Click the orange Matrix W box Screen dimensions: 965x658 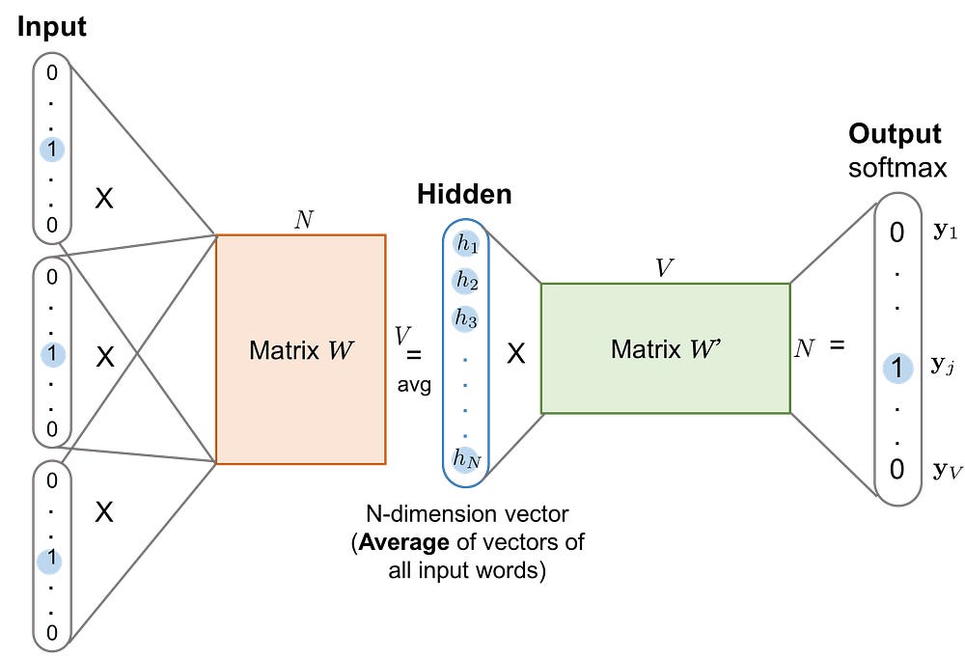pos(301,349)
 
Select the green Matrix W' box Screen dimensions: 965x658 pos(665,348)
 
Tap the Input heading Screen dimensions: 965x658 pos(52,27)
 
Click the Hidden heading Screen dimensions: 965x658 pos(465,194)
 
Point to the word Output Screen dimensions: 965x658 pos(895,133)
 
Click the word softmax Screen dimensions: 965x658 pos(897,168)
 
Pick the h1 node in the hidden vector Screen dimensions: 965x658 pos(466,244)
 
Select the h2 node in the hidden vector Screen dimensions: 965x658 pos(466,282)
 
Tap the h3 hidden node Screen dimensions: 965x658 pos(466,318)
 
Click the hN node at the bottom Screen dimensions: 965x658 pos(466,459)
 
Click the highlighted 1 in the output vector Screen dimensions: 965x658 pos(897,369)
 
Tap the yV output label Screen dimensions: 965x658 pos(947,471)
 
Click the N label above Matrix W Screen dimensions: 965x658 pos(304,220)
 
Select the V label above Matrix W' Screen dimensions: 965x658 pos(664,268)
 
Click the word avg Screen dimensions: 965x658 pos(414,385)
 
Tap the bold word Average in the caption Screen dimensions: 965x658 pos(403,542)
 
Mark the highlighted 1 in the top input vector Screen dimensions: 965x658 pos(52,150)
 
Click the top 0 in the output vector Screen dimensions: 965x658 pos(896,233)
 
